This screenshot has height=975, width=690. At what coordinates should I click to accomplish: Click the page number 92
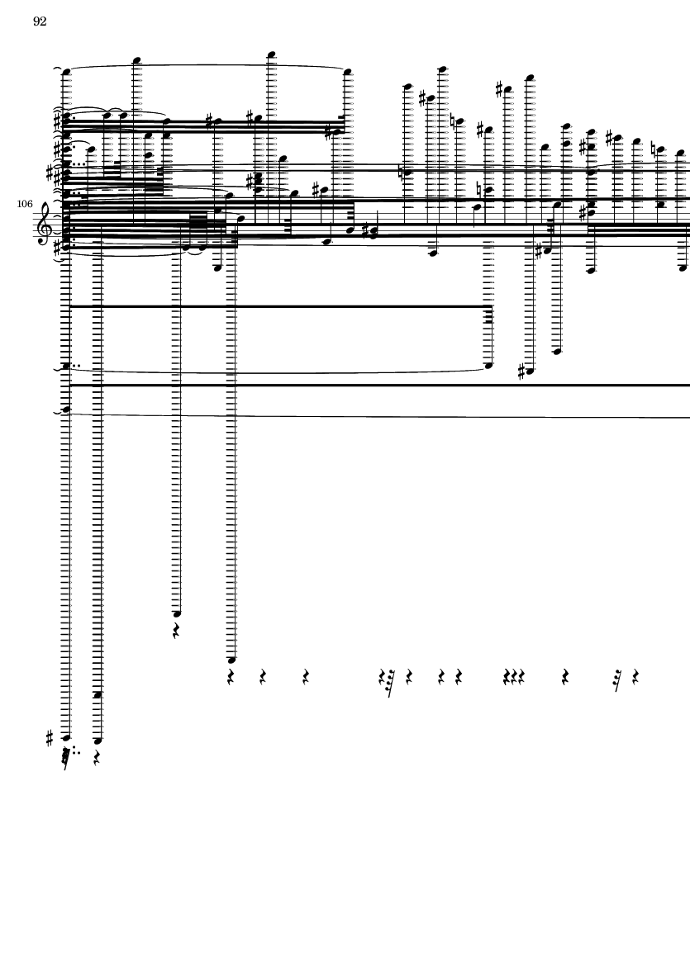click(x=40, y=21)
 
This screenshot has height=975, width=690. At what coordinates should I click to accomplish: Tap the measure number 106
click(x=25, y=204)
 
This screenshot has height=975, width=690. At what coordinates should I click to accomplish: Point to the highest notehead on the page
click(x=271, y=54)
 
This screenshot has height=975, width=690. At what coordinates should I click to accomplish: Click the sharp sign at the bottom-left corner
click(x=50, y=738)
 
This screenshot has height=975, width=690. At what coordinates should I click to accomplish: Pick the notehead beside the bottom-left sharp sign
click(x=67, y=738)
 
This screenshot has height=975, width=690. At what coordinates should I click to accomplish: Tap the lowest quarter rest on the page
click(x=97, y=757)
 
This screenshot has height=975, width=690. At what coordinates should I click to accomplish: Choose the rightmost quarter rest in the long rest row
click(x=635, y=677)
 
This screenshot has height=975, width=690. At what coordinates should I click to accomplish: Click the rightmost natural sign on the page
click(x=654, y=149)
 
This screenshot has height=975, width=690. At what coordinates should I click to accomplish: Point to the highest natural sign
click(x=454, y=122)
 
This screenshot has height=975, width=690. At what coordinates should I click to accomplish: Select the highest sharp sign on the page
click(x=500, y=89)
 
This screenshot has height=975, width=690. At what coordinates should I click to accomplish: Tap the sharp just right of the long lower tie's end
click(x=521, y=372)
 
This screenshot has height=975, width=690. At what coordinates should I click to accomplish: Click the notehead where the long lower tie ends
click(x=488, y=366)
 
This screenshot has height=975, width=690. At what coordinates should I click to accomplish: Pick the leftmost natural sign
click(x=402, y=171)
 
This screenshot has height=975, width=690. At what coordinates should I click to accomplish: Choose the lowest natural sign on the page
click(x=480, y=189)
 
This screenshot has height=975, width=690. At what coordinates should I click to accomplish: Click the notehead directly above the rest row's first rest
click(x=231, y=660)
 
